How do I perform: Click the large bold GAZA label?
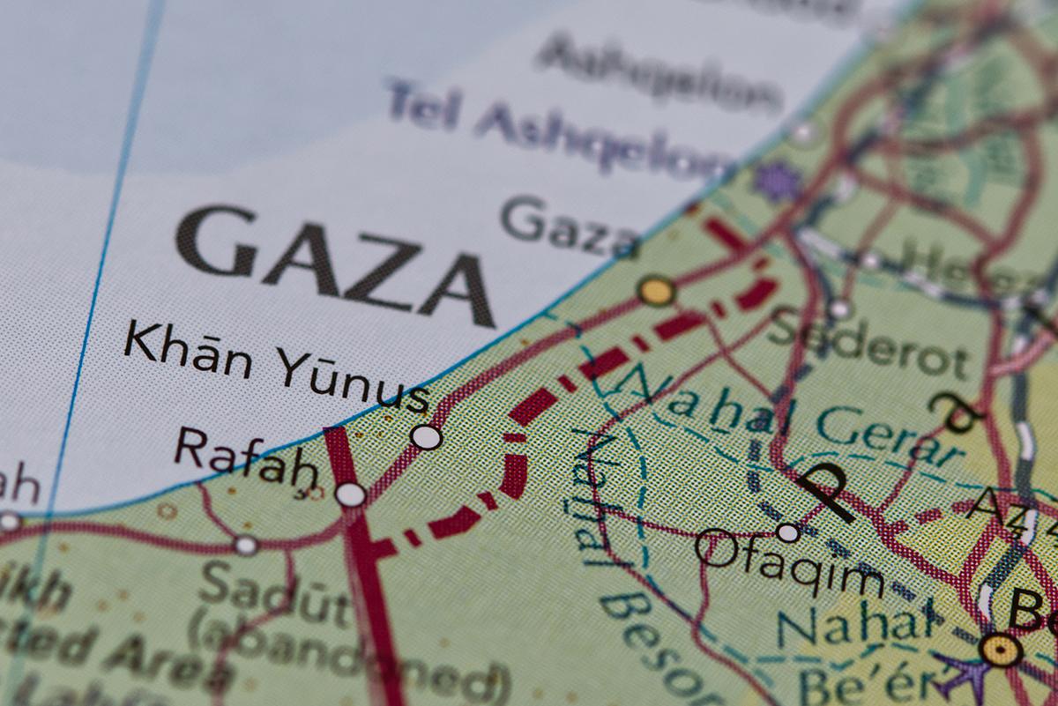tap(335, 262)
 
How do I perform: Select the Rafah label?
tap(245, 458)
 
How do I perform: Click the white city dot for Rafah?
tap(351, 494)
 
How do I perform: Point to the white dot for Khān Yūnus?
tap(427, 436)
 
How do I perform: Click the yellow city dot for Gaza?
tap(657, 290)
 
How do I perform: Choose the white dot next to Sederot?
tap(839, 308)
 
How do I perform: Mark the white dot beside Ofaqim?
tap(788, 532)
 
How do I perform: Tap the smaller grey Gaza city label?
tap(571, 226)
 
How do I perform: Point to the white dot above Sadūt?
tap(246, 546)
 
